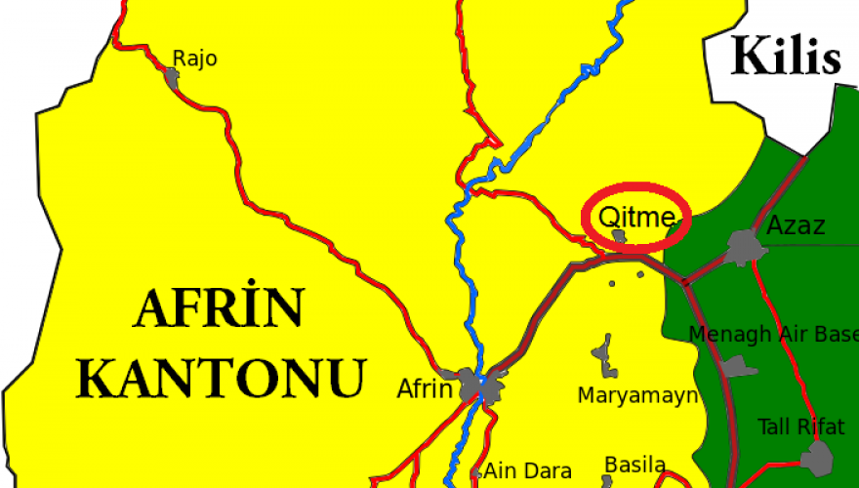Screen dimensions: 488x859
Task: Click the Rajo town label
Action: pos(194,59)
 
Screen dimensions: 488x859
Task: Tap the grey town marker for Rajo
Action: pos(173,78)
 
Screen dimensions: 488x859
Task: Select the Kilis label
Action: pos(786,57)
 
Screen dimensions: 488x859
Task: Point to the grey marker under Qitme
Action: pos(619,236)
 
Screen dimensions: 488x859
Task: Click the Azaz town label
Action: pos(796,226)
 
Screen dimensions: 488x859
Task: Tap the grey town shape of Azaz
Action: pos(746,245)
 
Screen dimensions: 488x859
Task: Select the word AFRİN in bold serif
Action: pos(219,311)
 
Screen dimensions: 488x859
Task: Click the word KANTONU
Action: pos(223,377)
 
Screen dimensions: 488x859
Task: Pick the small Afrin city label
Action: pos(425,388)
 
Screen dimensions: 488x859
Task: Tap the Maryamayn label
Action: pos(637,395)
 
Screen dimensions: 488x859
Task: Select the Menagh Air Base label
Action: pos(773,335)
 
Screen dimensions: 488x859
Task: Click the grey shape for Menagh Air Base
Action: pos(738,367)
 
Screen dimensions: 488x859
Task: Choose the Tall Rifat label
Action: pos(801,427)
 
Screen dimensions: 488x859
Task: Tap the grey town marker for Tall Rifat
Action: pos(816,457)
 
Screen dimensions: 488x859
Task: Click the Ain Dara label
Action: pos(527,471)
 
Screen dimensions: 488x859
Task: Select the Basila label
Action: pos(635,465)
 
